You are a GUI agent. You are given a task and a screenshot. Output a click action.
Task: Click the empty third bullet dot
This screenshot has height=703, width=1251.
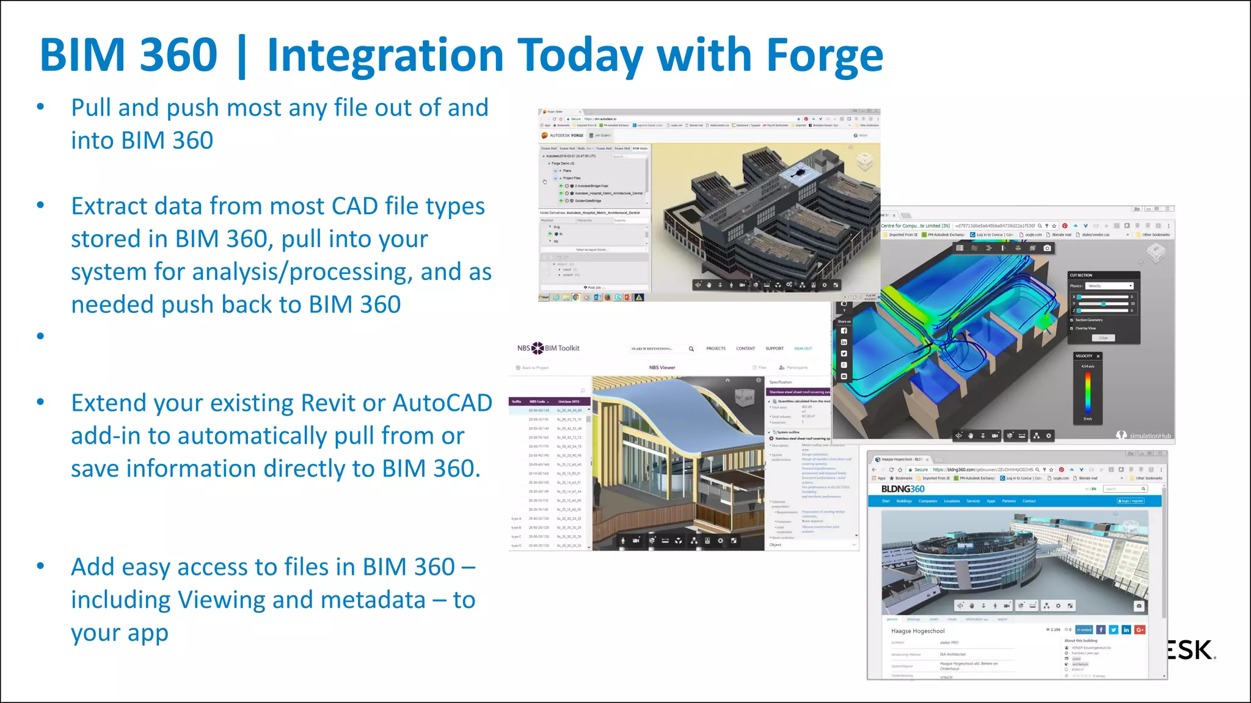click(40, 336)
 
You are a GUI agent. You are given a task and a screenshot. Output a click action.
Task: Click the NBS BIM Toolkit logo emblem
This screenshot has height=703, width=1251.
click(538, 348)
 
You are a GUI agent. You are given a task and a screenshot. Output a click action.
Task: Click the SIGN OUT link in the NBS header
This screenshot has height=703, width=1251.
click(803, 348)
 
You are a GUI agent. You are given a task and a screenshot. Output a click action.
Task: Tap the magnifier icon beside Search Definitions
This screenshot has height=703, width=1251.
click(691, 349)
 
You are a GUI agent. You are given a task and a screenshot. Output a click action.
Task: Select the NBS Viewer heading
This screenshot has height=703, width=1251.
click(662, 367)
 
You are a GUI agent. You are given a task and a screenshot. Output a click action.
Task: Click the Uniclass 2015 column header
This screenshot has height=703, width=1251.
click(568, 402)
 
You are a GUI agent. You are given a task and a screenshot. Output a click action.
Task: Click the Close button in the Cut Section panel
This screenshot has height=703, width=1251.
click(1103, 337)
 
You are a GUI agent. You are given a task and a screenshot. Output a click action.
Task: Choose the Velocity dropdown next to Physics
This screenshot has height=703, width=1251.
click(1109, 286)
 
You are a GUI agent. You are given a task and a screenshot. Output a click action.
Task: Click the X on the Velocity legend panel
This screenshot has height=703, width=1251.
click(1098, 356)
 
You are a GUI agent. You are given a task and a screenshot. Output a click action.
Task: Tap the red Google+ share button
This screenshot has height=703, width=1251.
click(1140, 630)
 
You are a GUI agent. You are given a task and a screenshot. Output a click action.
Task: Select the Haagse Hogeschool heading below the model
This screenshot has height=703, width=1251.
click(917, 631)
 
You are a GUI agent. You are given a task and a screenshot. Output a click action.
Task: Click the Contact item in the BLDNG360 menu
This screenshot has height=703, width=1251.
click(1029, 501)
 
